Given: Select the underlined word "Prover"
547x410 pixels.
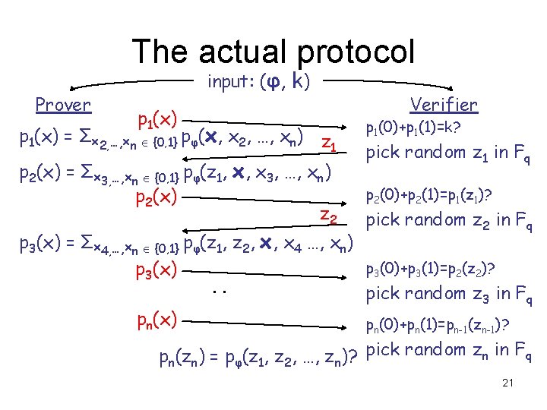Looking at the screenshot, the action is pos(63,104).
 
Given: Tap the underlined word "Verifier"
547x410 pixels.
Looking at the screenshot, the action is pos(444,105).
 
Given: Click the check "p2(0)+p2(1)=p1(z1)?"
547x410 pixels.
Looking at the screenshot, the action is pos(429,200).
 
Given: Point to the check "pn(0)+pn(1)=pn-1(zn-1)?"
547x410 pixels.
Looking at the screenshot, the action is pos(437,326).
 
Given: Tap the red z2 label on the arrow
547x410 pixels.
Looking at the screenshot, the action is pos(328,217).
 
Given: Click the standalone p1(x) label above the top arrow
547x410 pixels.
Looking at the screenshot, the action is pos(157,119).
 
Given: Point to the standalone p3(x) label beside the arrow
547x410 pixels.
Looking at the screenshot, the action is pos(157,270).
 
